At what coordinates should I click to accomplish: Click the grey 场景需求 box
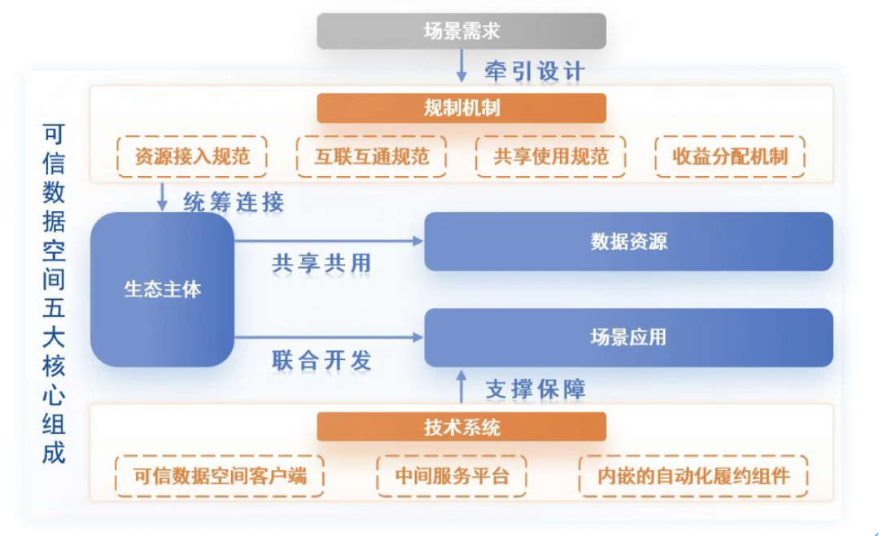pyautogui.click(x=461, y=31)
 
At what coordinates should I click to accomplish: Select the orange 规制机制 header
pyautogui.click(x=461, y=108)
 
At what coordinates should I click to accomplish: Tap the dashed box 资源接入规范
pyautogui.click(x=192, y=156)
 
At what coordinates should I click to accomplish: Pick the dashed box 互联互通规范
pyautogui.click(x=371, y=156)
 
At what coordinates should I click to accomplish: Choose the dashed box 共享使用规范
pyautogui.click(x=550, y=156)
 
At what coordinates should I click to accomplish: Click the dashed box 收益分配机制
pyautogui.click(x=730, y=156)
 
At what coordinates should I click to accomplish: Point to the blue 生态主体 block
pyautogui.click(x=162, y=289)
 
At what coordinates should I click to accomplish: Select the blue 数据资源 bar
pyautogui.click(x=628, y=242)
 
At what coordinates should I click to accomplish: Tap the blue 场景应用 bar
pyautogui.click(x=628, y=337)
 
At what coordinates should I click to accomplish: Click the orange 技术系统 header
pyautogui.click(x=461, y=427)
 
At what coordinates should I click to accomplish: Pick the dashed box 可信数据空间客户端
pyautogui.click(x=220, y=476)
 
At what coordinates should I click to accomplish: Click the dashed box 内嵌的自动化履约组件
pyautogui.click(x=693, y=476)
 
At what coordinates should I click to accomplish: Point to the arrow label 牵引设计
pyautogui.click(x=534, y=71)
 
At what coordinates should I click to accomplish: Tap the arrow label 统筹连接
pyautogui.click(x=234, y=202)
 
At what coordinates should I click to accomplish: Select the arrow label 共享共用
pyautogui.click(x=321, y=263)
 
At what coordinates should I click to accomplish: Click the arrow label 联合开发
pyautogui.click(x=321, y=361)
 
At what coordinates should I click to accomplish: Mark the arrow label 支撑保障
pyautogui.click(x=535, y=389)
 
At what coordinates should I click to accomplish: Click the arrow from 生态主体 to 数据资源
pyautogui.click(x=329, y=241)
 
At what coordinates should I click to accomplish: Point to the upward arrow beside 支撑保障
pyautogui.click(x=461, y=386)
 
